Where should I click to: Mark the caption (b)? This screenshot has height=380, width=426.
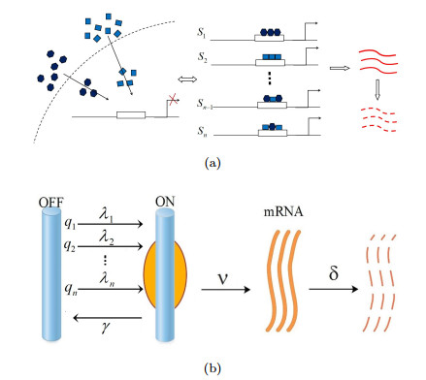[213, 368]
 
